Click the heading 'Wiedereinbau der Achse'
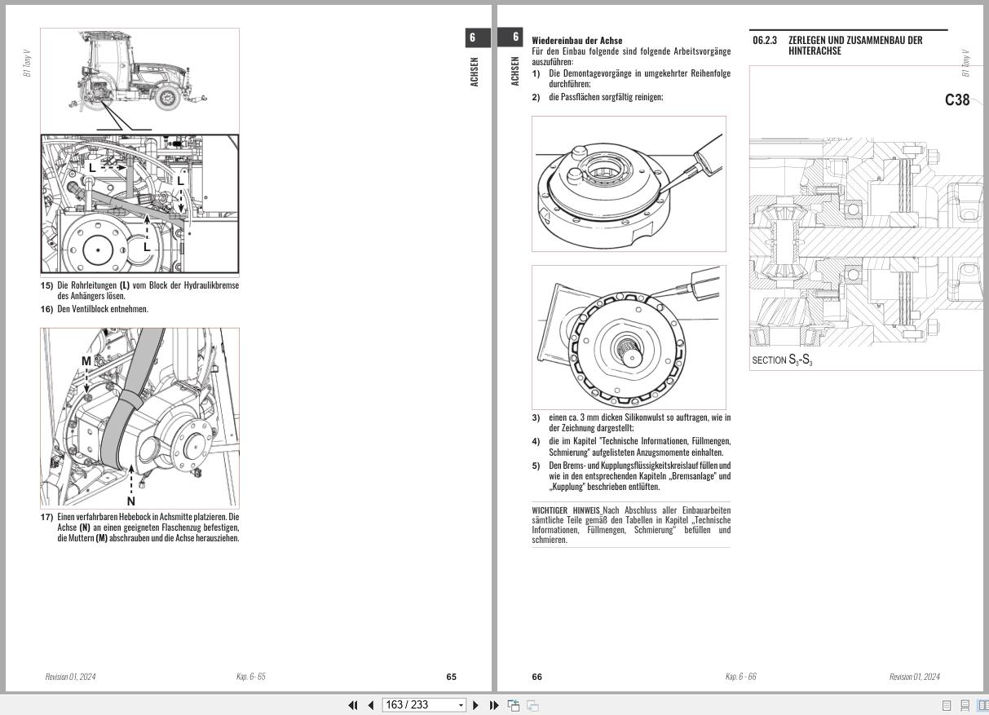click(576, 40)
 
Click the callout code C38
click(957, 100)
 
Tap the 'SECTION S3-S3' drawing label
click(781, 360)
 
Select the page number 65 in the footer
click(452, 677)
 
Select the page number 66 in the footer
click(536, 677)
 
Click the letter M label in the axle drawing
click(86, 361)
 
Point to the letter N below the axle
click(130, 501)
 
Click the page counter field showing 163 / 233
click(423, 705)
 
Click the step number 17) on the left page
click(47, 517)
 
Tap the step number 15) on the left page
click(47, 285)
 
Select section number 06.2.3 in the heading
click(765, 40)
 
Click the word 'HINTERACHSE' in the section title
click(815, 51)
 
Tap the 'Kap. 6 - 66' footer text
click(740, 677)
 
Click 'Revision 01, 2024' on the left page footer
click(70, 677)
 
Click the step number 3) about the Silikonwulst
click(536, 417)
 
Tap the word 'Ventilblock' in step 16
click(89, 309)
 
